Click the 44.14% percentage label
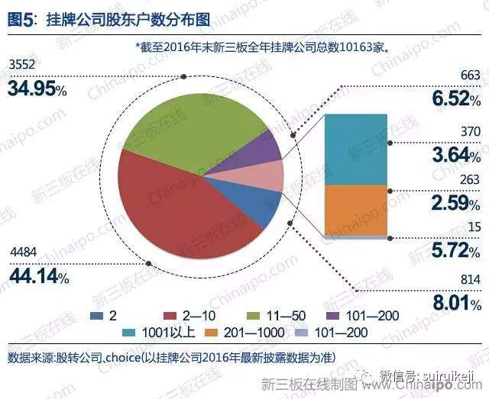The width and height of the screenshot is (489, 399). (x=37, y=278)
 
